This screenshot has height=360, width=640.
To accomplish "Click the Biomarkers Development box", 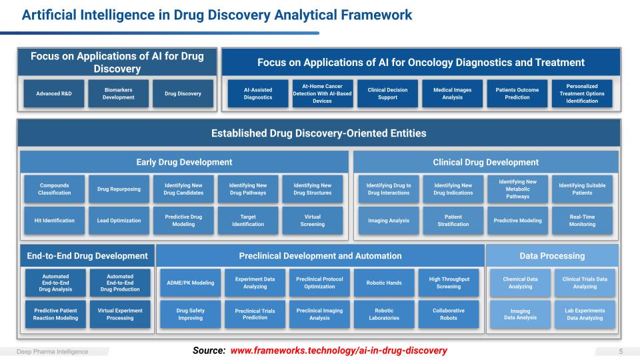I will (x=119, y=93).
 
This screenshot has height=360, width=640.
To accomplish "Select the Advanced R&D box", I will (x=53, y=93).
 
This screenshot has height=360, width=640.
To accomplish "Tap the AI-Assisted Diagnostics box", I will (x=258, y=93).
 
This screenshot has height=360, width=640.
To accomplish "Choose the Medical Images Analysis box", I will (x=452, y=93).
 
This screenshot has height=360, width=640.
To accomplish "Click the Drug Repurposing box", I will (x=119, y=189).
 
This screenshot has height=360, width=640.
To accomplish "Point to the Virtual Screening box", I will (x=312, y=221).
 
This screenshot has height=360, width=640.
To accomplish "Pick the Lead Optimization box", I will (x=119, y=221).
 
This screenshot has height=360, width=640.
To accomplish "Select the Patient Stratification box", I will (x=452, y=221).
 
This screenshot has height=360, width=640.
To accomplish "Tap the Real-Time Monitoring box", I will (x=582, y=221).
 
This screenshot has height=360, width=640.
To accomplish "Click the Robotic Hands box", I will (x=384, y=283).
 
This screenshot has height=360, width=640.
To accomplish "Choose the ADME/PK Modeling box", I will (x=190, y=283).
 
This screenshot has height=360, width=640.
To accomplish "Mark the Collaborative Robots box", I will (x=449, y=314).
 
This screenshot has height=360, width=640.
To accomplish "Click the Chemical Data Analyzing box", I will (x=520, y=283).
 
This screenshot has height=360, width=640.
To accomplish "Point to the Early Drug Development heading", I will (x=184, y=162).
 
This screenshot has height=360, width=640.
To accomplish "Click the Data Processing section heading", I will (x=552, y=256).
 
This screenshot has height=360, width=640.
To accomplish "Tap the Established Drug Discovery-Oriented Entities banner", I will (x=319, y=133).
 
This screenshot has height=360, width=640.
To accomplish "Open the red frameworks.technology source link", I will (x=339, y=351).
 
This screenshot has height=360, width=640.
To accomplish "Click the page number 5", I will (x=621, y=351).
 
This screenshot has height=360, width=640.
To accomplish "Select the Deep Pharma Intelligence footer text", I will (x=53, y=351).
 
